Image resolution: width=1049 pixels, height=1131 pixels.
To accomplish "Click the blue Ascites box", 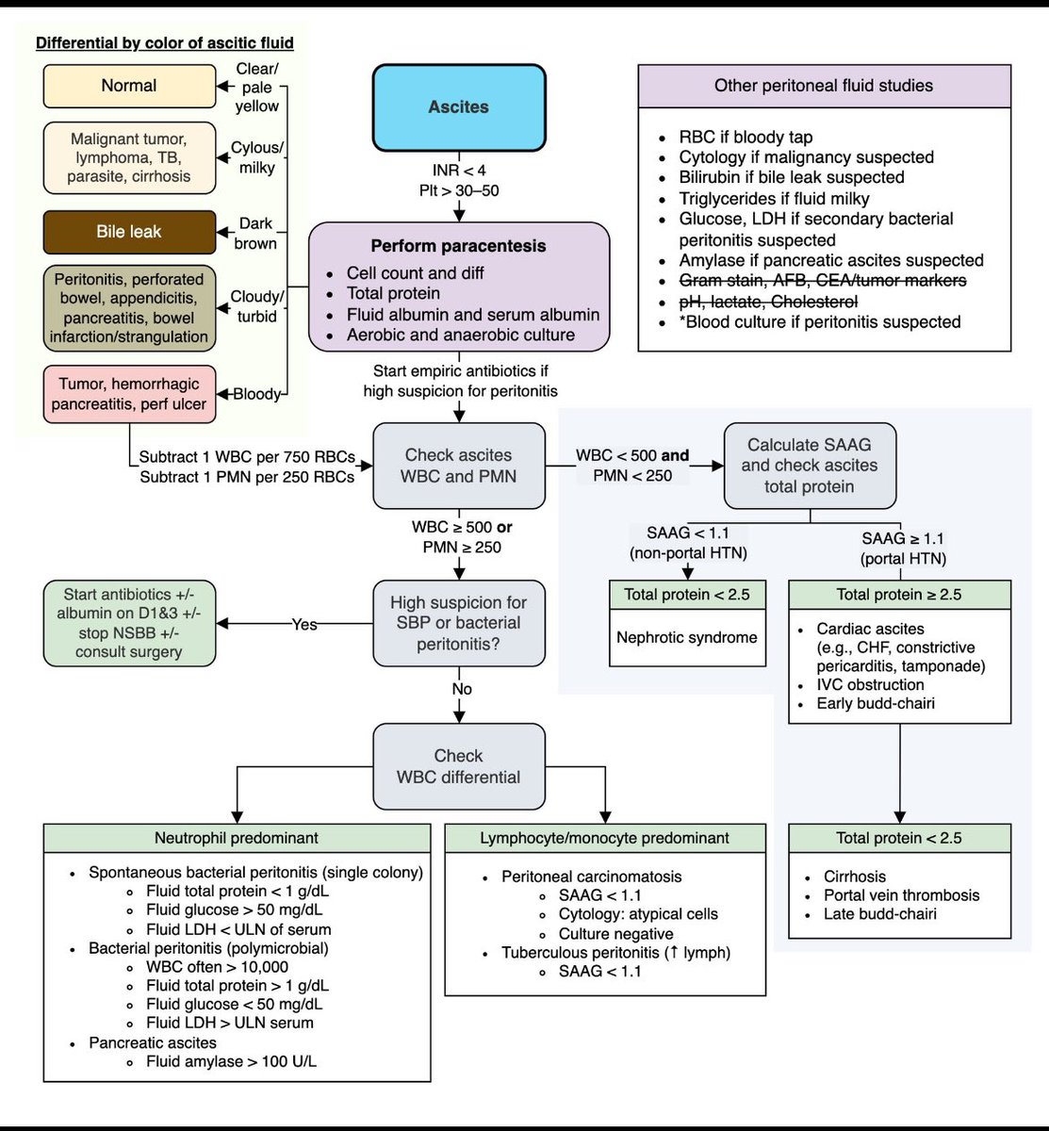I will tap(459, 107).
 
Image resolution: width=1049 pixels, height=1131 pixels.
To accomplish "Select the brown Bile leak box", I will tap(129, 232).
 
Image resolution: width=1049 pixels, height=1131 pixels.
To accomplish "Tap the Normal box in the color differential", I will tap(129, 86).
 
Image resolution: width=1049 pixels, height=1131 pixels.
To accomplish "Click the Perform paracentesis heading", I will tap(458, 246).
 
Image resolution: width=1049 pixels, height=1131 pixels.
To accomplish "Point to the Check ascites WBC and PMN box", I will tap(459, 466).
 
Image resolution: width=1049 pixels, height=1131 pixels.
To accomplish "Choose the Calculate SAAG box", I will tap(809, 466).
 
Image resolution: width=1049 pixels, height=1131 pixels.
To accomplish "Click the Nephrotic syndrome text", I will tap(687, 638).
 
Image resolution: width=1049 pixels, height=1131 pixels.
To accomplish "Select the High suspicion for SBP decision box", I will tap(459, 623).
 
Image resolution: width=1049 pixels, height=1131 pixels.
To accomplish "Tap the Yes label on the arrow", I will tap(304, 624).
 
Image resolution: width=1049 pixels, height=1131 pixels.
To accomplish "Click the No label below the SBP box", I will tap(461, 689).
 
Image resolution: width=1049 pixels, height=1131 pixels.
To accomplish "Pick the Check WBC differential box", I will tap(459, 766).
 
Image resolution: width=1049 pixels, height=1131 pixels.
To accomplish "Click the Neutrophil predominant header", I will tap(237, 838).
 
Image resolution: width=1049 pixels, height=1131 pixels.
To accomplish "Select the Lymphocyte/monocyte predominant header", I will tap(604, 838).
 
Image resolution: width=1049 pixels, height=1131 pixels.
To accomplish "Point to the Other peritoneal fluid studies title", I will tap(824, 86).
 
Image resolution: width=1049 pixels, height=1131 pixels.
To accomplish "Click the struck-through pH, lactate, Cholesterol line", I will tap(768, 302).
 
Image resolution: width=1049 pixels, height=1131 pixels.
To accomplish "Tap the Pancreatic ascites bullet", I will tap(153, 1042).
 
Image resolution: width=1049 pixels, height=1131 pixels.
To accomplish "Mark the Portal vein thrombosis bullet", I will tap(901, 895).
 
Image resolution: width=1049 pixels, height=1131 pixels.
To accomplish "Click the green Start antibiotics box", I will tap(129, 623).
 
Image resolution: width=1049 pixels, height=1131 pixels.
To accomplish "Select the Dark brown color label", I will tap(255, 233).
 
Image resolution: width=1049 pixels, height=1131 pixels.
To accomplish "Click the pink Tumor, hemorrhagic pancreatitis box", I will tap(129, 394).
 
